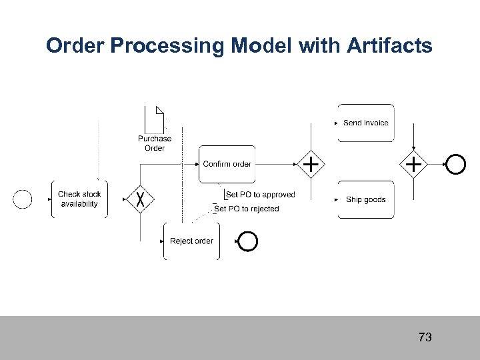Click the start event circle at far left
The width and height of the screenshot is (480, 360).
(x=23, y=199)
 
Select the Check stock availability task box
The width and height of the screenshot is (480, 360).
(x=79, y=199)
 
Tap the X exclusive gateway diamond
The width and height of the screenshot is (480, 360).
(x=141, y=199)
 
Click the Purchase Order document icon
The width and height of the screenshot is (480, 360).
(x=155, y=119)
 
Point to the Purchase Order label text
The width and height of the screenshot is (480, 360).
(x=155, y=143)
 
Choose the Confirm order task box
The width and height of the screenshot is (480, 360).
(x=227, y=164)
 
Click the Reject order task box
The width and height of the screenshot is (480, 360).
(x=191, y=241)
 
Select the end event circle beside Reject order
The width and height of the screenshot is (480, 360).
(x=247, y=241)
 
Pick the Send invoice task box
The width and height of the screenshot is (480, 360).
(x=365, y=123)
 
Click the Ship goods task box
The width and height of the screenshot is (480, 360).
(x=365, y=199)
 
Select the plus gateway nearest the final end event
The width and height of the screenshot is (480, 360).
(x=414, y=163)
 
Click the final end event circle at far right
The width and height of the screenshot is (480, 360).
(x=456, y=163)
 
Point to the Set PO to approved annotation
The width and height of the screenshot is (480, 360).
(x=261, y=195)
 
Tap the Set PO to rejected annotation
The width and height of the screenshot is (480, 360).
(x=247, y=209)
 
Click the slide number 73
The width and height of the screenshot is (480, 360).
(x=425, y=337)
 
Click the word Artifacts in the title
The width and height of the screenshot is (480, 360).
(x=391, y=46)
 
